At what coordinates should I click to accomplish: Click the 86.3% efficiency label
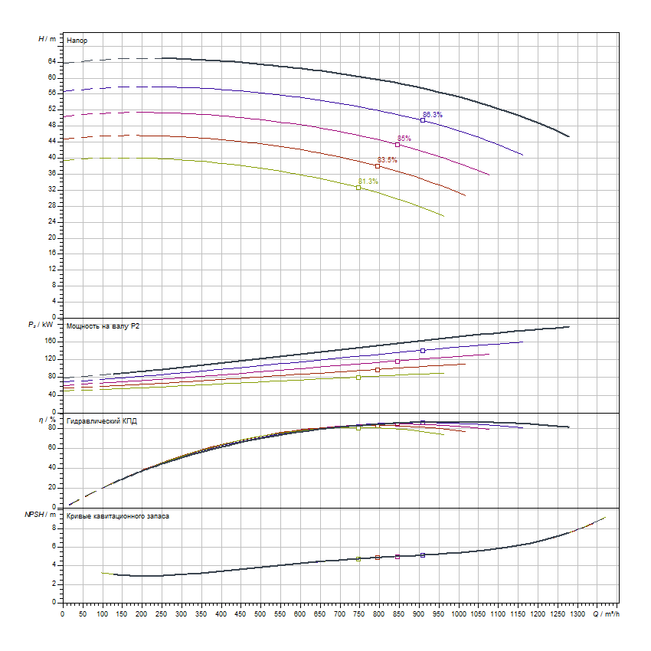click(x=433, y=115)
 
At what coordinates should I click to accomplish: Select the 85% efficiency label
click(x=404, y=139)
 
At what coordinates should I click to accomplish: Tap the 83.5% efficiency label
click(x=387, y=160)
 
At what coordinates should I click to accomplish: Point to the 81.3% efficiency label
click(x=368, y=182)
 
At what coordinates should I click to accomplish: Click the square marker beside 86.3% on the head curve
click(x=423, y=120)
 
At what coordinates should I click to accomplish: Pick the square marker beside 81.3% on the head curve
click(x=358, y=188)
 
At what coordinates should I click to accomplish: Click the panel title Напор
click(x=77, y=39)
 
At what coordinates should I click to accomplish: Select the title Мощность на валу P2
click(x=103, y=326)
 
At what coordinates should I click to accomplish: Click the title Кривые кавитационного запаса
click(x=118, y=516)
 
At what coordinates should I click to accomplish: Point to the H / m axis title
click(x=47, y=38)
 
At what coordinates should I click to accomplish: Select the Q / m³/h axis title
click(x=607, y=613)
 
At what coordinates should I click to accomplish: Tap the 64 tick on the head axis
click(x=52, y=61)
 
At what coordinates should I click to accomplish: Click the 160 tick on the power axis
click(x=51, y=341)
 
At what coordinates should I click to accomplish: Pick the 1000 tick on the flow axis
click(x=459, y=613)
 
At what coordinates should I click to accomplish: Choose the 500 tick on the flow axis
click(x=260, y=613)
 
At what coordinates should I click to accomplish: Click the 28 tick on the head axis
click(x=52, y=205)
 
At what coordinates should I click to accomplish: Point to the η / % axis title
click(x=48, y=420)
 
